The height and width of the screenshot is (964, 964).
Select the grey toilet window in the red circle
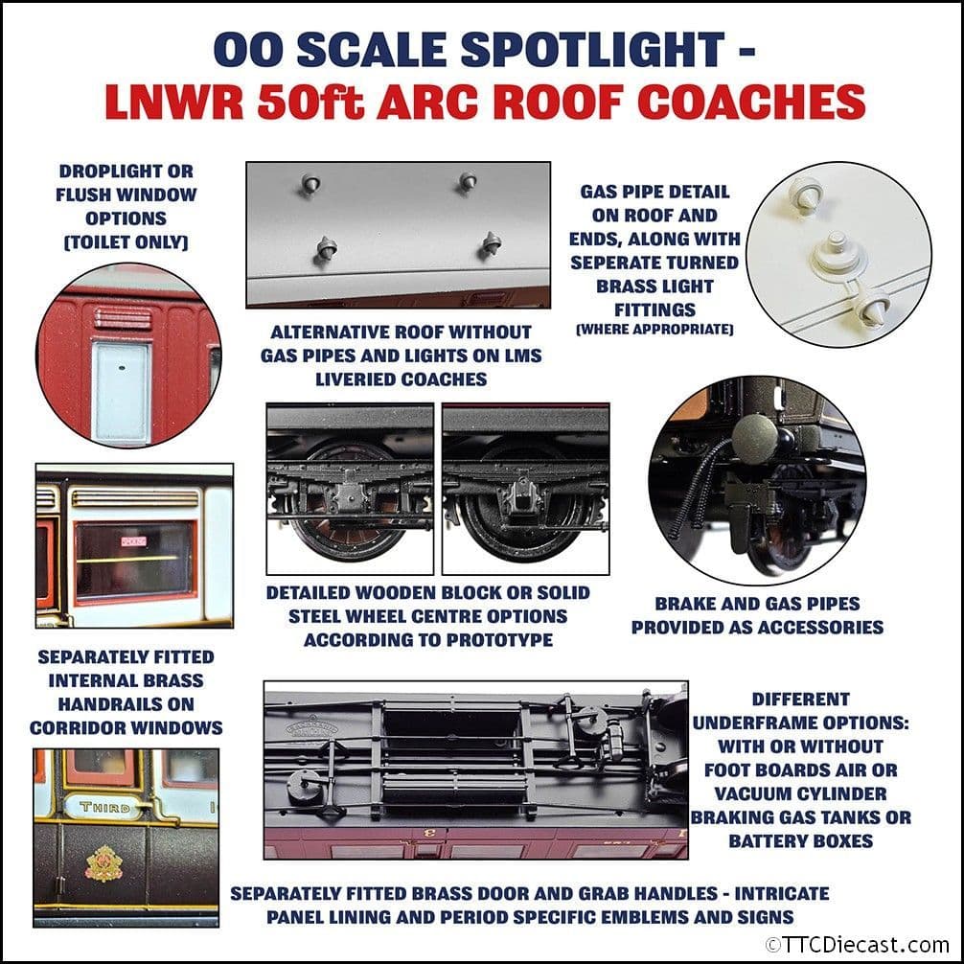[122, 391]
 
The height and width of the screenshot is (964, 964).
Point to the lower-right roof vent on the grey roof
[492, 243]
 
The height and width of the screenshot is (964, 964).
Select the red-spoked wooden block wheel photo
[350, 489]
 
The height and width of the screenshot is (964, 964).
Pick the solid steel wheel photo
[525, 489]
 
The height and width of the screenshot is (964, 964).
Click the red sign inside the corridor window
[134, 541]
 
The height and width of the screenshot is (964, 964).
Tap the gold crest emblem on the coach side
[104, 863]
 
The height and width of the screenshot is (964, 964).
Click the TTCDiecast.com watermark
[856, 944]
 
